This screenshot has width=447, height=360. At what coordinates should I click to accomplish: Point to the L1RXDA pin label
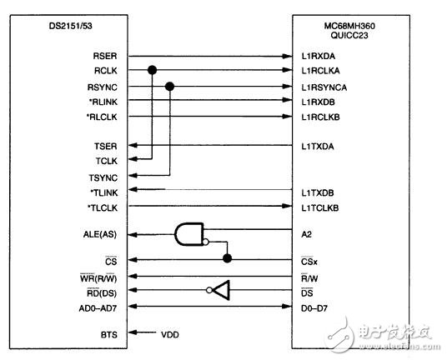318,55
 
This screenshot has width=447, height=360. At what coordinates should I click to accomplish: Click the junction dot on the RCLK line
152,71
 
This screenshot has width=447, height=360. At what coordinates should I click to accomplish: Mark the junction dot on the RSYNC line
170,86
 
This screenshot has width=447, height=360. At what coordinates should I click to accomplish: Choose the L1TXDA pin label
318,147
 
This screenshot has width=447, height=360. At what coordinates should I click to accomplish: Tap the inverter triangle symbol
219,290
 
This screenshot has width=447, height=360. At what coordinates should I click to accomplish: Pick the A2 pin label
308,236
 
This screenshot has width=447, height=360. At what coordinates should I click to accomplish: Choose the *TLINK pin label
103,192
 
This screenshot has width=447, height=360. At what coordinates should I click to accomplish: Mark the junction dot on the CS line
227,258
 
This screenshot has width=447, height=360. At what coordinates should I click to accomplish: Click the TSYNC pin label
104,177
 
